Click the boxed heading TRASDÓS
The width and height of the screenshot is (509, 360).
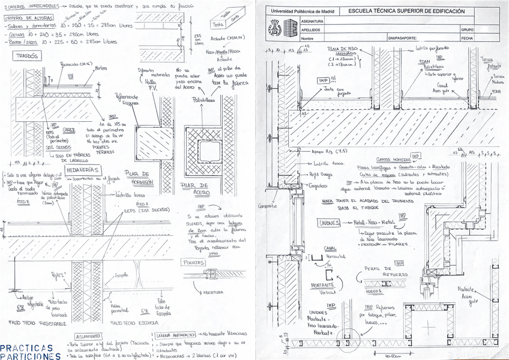pos(27,56)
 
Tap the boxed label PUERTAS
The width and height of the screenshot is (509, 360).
pos(193,262)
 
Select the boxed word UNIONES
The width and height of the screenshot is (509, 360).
pos(331,223)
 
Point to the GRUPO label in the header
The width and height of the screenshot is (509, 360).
pos(468,29)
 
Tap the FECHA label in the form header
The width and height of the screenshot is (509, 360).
pos(467,37)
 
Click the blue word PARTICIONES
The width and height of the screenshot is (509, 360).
pos(30,356)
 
